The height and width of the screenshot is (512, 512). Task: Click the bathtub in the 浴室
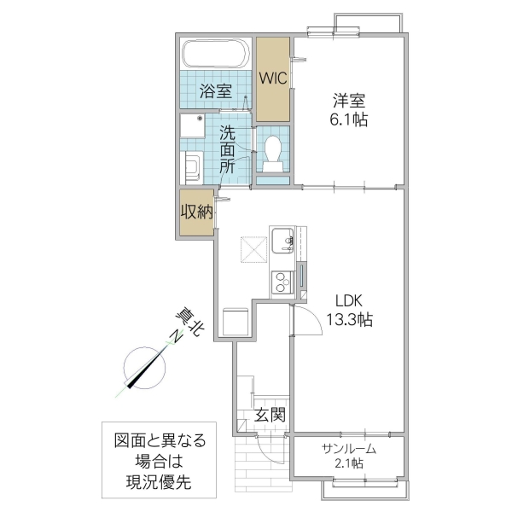215,56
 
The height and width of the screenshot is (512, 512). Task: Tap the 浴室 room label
216,90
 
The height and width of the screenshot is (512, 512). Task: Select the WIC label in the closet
273,79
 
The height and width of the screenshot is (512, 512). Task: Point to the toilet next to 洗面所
274,151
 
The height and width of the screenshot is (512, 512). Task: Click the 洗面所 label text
227,149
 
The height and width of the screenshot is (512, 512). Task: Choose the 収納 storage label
195,212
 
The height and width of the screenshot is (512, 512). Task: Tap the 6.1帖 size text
350,120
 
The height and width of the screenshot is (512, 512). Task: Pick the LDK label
348,300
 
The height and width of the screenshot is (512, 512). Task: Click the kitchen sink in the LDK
282,241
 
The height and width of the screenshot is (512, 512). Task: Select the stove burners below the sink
281,281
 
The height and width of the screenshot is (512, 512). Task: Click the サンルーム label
349,449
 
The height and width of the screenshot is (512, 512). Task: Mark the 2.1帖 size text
348,463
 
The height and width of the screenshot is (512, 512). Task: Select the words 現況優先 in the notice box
159,482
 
